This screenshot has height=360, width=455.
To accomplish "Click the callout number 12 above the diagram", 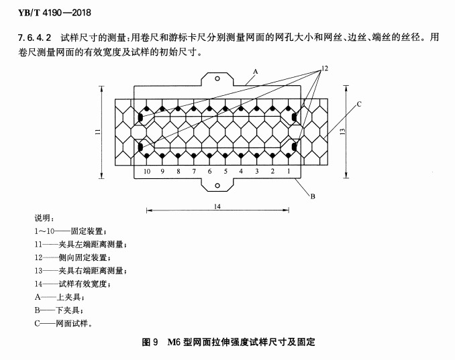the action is coord(325,68).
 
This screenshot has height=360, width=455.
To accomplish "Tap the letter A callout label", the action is coord(256,71).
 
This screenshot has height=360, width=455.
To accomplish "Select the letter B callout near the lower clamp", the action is coord(313,196).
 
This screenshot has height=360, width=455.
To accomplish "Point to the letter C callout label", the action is coord(359,104).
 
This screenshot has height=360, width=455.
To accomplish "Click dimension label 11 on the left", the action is coord(98,131).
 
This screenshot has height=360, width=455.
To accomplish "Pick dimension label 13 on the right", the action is coord(343,131).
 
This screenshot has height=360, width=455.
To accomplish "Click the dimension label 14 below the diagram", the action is coord(217,206).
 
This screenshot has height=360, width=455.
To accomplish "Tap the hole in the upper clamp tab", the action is coord(217,78).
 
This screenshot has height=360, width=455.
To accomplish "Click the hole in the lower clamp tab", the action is coord(217,186).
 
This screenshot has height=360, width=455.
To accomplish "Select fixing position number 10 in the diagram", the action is coord(147,172).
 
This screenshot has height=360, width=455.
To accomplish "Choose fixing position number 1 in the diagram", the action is coord(289,172).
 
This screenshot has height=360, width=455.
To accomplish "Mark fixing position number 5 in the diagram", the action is coord(225,172).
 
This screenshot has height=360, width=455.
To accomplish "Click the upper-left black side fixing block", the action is coord(140,117).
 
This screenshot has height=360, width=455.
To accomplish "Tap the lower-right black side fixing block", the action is coord(294,147).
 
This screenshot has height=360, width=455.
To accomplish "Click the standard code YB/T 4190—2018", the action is coord(54,13).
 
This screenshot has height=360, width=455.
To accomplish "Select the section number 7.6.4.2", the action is coord(34,38).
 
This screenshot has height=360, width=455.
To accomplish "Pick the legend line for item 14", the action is coord(72,284).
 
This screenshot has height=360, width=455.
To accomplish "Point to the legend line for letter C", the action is coord(63,323).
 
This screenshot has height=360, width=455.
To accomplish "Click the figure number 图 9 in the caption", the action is coord(150,342).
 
